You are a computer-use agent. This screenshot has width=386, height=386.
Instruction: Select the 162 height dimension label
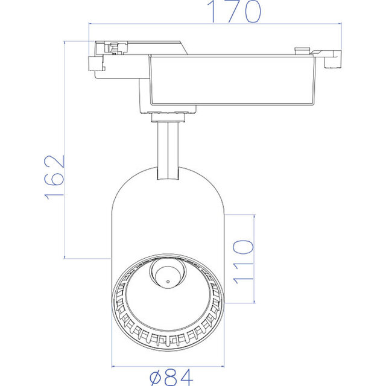coord(54,177)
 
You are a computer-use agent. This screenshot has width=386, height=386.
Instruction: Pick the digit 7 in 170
coord(233,12)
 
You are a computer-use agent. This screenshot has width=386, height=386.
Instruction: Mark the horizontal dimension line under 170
coord(214,25)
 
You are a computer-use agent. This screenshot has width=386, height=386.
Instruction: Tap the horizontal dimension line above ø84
coord(168,365)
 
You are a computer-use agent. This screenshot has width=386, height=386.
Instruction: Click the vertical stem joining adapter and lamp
coord(168,148)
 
